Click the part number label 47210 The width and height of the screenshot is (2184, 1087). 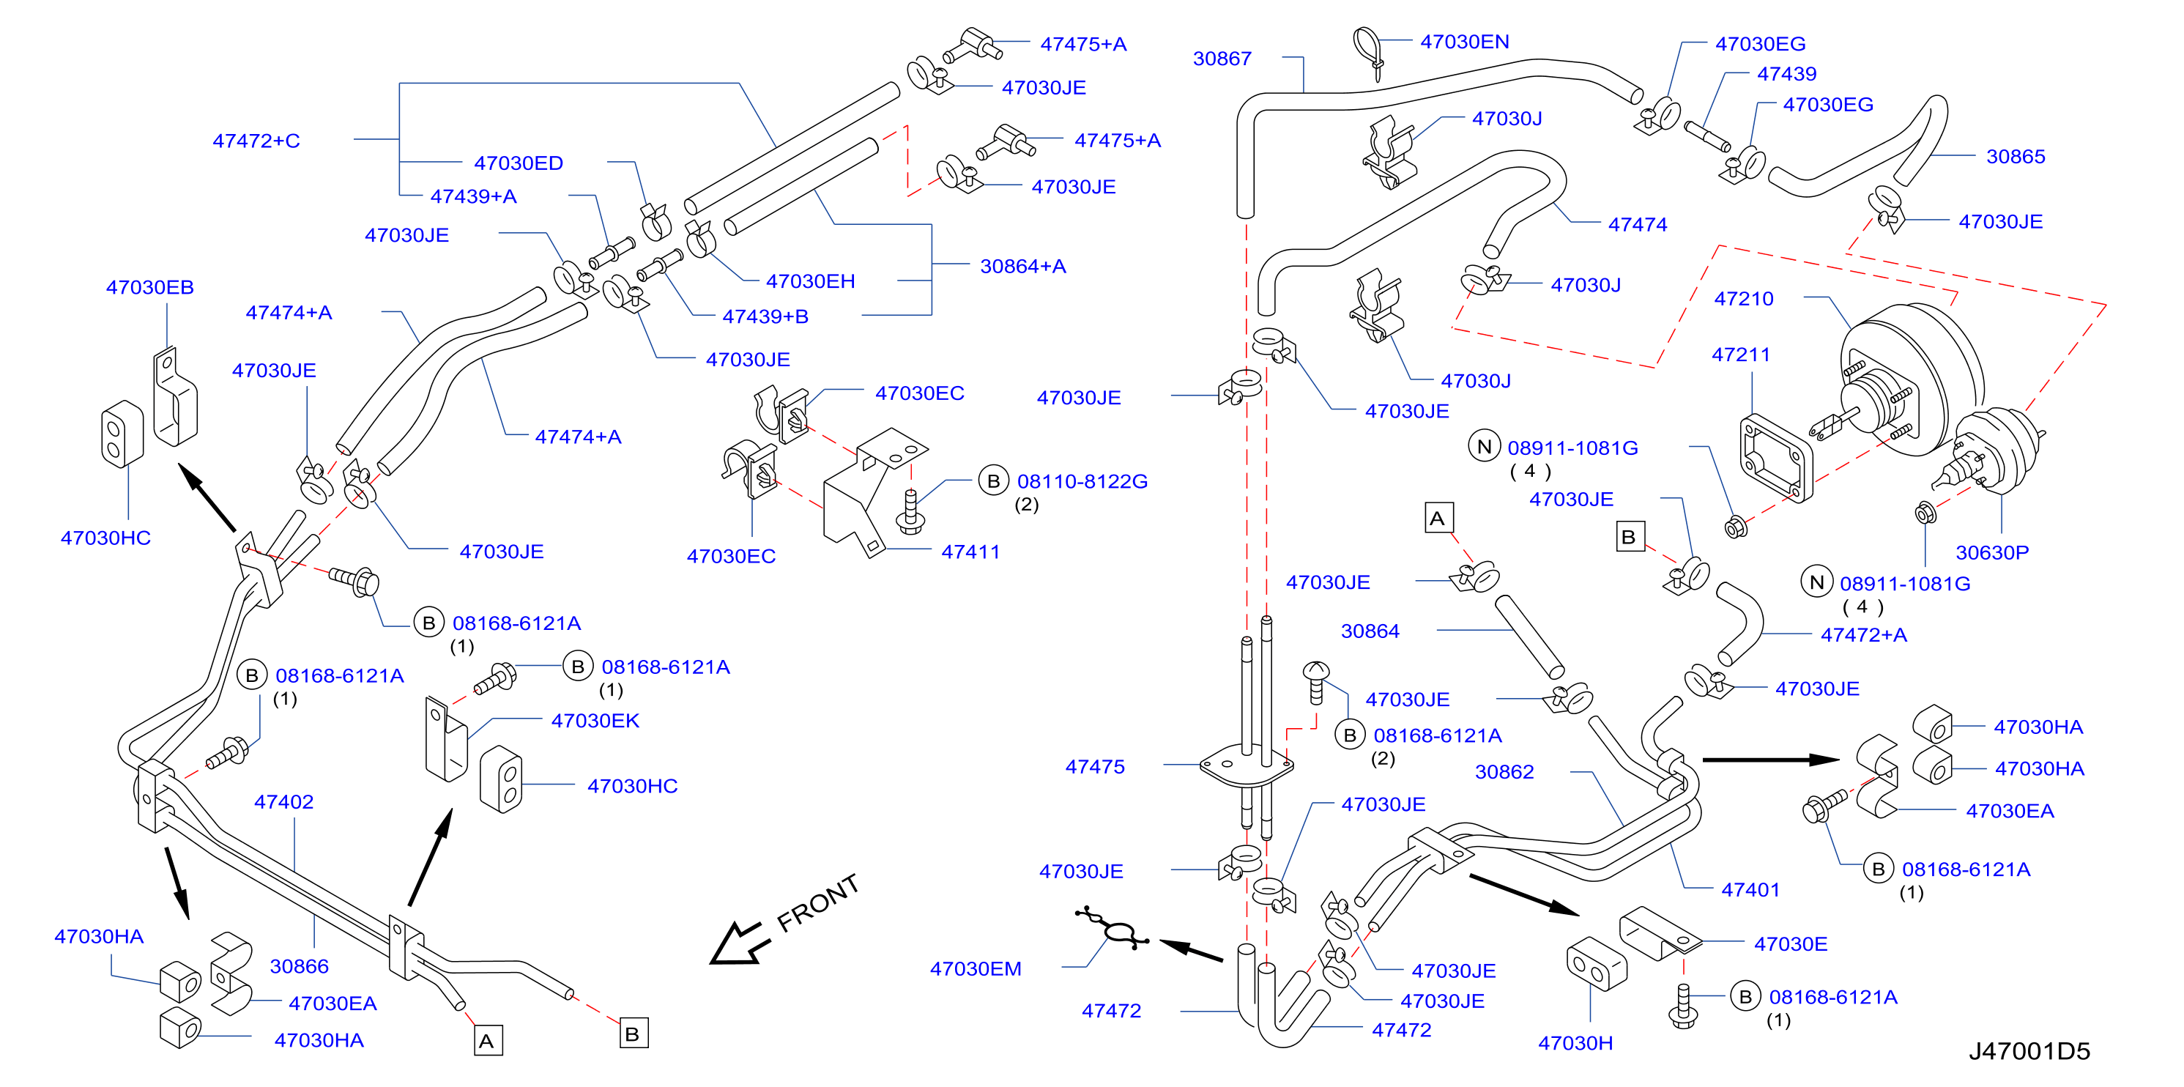(1743, 298)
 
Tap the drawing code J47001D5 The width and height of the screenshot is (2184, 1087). (2029, 1051)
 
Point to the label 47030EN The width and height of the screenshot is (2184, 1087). (1464, 42)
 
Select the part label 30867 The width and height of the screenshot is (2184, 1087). (1222, 59)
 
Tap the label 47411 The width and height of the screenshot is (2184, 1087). (970, 552)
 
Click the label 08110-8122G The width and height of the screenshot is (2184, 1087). (1082, 481)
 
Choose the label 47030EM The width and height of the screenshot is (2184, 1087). (975, 969)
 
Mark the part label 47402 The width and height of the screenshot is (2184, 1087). (283, 802)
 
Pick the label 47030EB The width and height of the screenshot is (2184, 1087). (149, 287)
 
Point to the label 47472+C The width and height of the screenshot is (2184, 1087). (256, 141)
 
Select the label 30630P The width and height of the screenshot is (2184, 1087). (1991, 553)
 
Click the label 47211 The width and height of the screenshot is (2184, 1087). (1741, 355)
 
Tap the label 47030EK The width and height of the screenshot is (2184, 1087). (595, 721)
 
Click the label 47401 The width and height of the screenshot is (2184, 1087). (1750, 889)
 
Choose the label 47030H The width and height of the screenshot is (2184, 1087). (1575, 1043)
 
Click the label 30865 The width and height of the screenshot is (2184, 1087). (2016, 157)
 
